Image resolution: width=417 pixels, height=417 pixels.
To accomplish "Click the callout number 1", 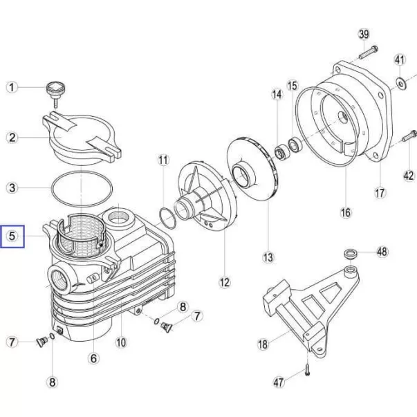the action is (x=12, y=87).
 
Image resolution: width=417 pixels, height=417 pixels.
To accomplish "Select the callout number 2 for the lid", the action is (x=12, y=138).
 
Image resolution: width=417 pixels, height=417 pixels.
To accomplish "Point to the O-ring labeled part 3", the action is (x=82, y=188).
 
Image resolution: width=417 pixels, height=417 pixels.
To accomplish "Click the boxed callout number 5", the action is (x=12, y=237).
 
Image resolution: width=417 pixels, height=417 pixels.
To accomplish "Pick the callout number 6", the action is (x=93, y=358).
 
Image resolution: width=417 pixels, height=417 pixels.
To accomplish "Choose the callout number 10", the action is (x=121, y=342).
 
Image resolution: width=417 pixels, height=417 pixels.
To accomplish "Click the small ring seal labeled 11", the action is (x=167, y=219).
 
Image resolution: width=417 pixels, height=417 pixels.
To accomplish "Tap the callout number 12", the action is (x=225, y=282).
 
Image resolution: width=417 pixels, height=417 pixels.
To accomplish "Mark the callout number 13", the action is (x=268, y=257).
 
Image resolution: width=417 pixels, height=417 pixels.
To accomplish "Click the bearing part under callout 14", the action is (x=281, y=153).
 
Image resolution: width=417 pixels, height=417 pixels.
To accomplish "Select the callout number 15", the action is (x=293, y=86).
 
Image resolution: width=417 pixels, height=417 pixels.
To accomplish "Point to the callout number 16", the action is (x=346, y=212).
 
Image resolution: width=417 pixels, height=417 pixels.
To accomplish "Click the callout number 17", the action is (x=380, y=192).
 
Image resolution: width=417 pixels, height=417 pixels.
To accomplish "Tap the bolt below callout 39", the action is (x=369, y=53).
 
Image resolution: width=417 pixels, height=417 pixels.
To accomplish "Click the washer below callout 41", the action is (x=400, y=83).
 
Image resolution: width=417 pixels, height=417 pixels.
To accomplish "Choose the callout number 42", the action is (x=409, y=176).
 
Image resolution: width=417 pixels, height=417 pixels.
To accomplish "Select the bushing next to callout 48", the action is (x=351, y=254).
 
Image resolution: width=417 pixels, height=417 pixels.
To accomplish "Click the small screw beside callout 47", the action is (x=308, y=370).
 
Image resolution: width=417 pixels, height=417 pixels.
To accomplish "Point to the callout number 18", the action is (x=263, y=344).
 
